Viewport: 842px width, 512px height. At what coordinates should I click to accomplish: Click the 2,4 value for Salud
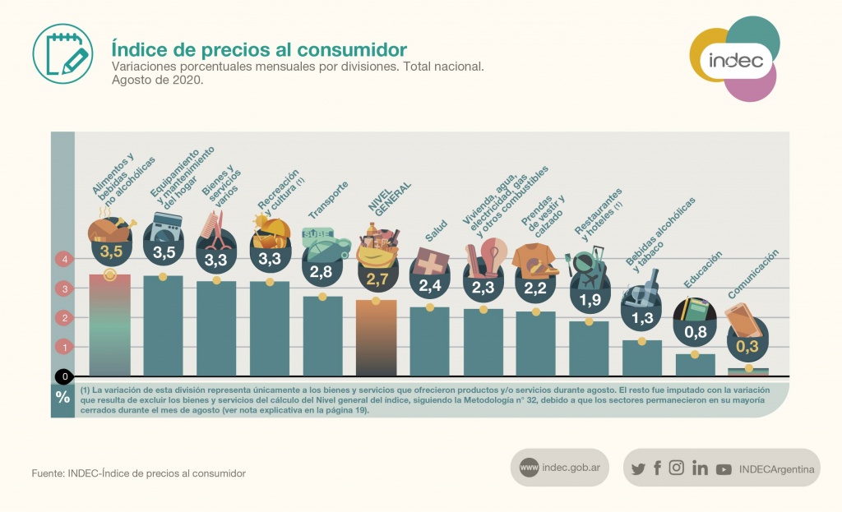pyautogui.click(x=430, y=286)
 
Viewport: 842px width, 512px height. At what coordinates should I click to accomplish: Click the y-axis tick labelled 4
pyautogui.click(x=63, y=260)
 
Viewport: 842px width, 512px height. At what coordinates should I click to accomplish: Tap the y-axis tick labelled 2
pyautogui.click(x=63, y=318)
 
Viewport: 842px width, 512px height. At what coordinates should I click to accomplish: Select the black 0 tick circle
pyautogui.click(x=63, y=377)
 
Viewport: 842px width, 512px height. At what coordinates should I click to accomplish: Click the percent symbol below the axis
pyautogui.click(x=63, y=397)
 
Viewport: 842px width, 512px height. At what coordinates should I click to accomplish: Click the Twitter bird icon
pyautogui.click(x=638, y=468)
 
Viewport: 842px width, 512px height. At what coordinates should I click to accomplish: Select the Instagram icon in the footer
pyautogui.click(x=677, y=468)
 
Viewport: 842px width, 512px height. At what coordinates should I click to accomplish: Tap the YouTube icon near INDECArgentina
pyautogui.click(x=724, y=469)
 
